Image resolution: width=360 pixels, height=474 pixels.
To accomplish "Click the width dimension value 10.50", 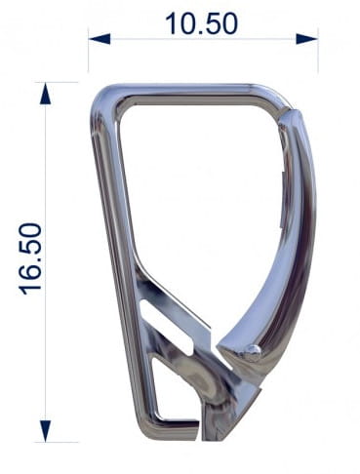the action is coord(202,23).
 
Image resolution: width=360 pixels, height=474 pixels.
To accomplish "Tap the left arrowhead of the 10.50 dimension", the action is coord(100,39).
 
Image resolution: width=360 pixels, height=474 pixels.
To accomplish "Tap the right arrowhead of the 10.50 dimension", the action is coord(306,39).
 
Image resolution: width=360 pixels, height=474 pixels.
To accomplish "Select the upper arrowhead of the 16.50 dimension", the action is coord(46,94).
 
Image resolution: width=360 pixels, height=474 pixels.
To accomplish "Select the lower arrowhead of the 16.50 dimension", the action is coord(46,431).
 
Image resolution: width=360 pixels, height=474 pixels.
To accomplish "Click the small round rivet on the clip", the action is coord(252,350).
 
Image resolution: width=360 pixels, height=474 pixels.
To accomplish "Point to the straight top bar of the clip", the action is coord(188,94).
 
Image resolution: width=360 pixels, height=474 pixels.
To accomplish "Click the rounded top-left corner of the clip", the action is coord(102,99).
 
